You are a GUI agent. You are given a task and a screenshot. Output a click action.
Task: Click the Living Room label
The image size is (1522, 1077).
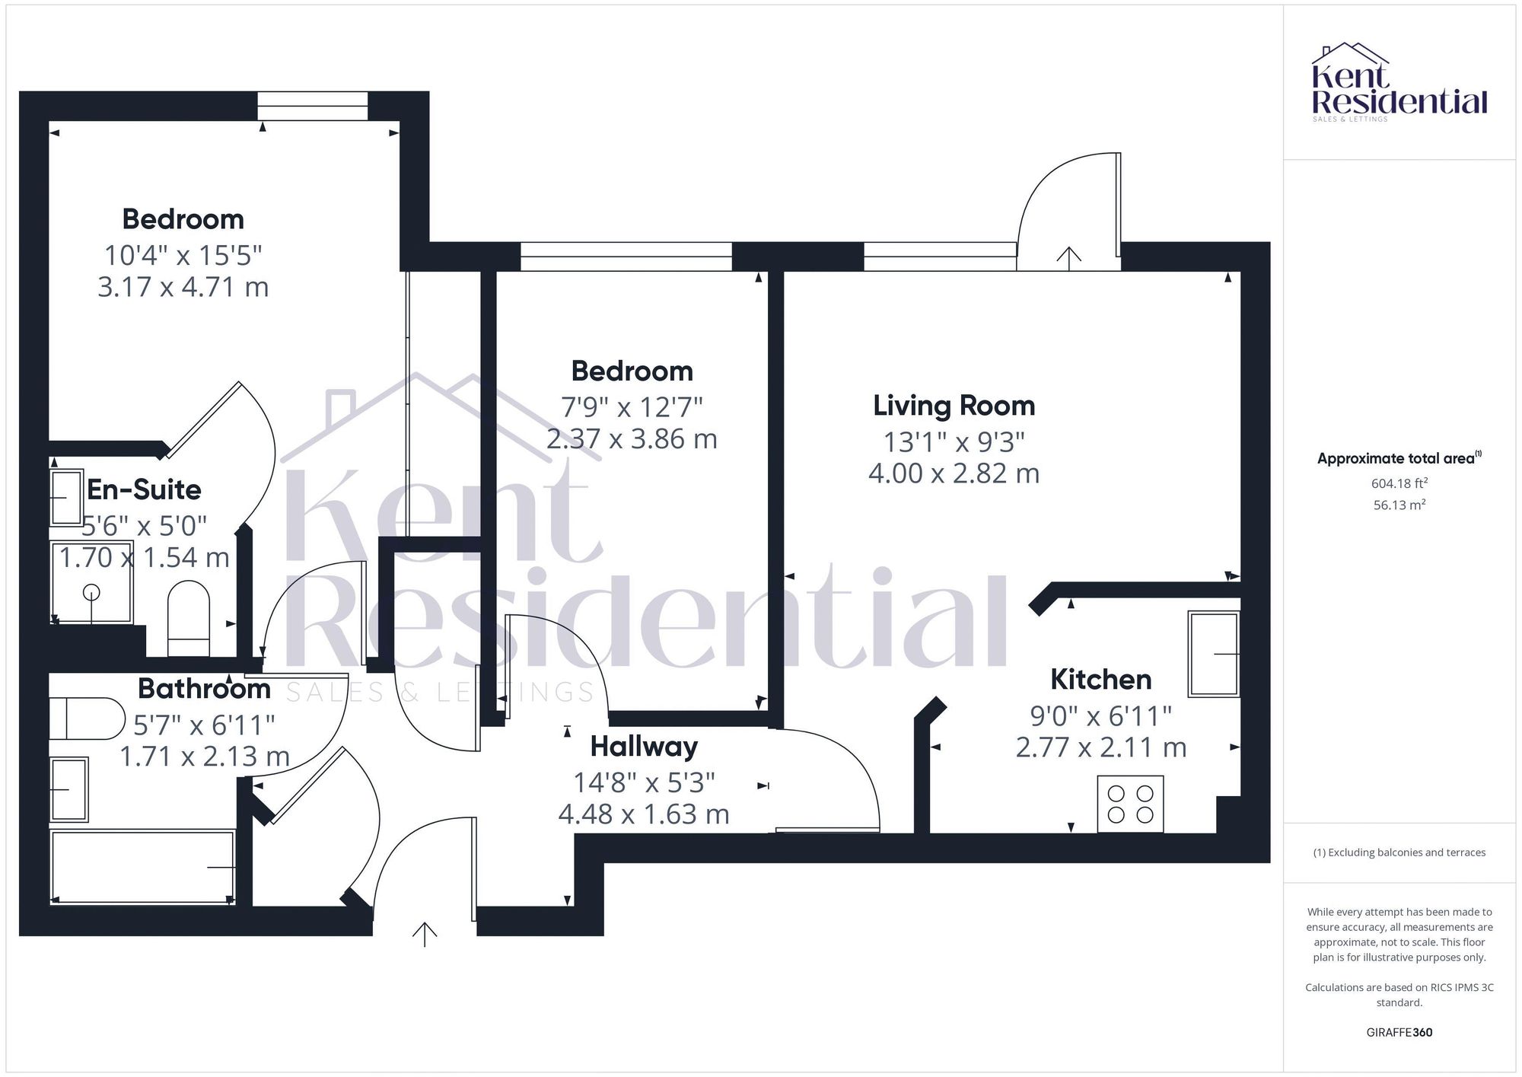[954, 406]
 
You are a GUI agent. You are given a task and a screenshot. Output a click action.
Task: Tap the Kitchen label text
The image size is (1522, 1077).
[1100, 679]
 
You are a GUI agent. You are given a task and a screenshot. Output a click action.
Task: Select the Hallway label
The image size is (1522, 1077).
[644, 747]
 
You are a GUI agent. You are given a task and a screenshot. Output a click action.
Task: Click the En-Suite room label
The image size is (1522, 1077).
[144, 489]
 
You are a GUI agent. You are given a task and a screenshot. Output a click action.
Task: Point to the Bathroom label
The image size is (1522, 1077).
[204, 689]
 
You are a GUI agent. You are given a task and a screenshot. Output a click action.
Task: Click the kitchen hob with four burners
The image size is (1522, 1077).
[1130, 804]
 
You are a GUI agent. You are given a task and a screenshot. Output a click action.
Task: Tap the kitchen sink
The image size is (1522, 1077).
[1214, 654]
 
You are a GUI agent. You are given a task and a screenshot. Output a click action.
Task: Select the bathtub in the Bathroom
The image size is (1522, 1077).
[142, 867]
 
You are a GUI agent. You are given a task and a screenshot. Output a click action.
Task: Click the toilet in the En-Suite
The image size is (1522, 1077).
[188, 618]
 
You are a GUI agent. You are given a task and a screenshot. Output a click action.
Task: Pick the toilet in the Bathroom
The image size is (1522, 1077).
[87, 719]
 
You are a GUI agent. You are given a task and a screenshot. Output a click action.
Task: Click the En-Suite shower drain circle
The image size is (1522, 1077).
[91, 591]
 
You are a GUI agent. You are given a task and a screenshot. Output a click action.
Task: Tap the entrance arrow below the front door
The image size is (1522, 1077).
[425, 934]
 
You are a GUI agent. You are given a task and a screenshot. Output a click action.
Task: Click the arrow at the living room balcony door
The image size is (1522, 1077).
[1069, 258]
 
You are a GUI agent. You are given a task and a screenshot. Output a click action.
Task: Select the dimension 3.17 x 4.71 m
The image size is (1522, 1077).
[183, 288]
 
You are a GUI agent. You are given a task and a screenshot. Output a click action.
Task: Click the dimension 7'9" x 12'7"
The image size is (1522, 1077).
[632, 407]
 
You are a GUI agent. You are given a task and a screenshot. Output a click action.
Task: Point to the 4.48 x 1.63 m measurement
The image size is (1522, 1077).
[644, 814]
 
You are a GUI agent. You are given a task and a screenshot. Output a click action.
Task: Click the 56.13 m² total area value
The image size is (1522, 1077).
[1399, 505]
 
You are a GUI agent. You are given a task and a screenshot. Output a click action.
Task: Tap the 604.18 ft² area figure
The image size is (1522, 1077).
[1399, 483]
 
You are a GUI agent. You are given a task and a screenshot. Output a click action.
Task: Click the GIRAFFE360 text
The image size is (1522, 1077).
[1399, 1032]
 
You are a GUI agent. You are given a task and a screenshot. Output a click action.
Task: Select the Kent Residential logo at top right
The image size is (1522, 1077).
[1399, 84]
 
